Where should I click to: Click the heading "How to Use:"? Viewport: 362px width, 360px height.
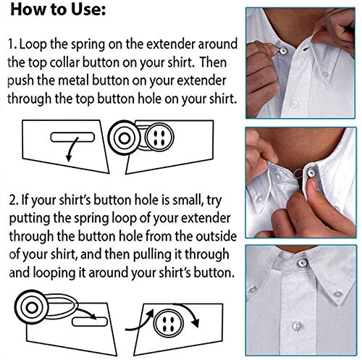coord(58,10)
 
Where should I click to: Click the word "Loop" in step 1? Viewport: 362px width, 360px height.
coord(33,45)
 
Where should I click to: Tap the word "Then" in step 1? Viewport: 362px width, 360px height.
coord(213,62)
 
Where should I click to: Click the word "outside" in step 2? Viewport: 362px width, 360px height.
coord(216,236)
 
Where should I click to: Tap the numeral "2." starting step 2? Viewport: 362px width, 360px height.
coord(14,201)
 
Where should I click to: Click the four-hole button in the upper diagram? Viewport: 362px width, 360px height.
coord(159,137)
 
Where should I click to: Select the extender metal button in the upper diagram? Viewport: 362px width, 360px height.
coord(124,138)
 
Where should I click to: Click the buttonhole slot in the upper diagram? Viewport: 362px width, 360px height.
coord(72,137)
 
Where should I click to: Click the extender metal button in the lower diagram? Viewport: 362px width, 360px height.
coord(31,307)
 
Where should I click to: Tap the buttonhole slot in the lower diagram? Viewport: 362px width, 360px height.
coord(90,322)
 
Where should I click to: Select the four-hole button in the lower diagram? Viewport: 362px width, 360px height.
coord(168,323)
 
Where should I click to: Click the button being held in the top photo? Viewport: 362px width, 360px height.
coord(282,51)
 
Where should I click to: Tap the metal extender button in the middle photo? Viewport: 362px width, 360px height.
coord(311,172)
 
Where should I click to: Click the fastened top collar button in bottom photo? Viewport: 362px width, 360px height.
coord(303,262)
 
